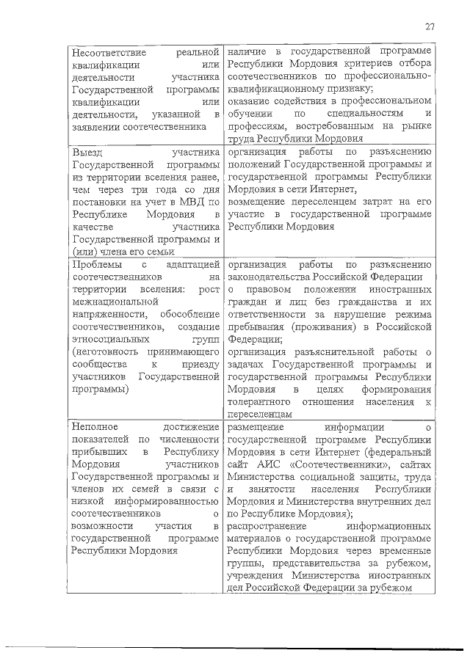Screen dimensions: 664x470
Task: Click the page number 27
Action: [430, 27]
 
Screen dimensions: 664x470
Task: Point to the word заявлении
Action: [90, 125]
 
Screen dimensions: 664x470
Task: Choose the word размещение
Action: [261, 426]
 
